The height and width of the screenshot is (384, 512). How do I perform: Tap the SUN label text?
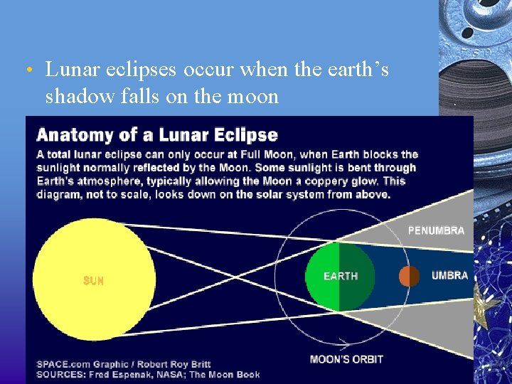93,281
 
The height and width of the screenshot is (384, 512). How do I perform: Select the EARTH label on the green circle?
341,276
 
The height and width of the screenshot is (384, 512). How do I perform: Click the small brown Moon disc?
409,276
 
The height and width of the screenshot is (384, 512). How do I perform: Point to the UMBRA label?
449,275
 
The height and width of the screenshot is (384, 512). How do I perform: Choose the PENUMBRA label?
436,230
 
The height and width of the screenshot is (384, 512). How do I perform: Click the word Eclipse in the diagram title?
249,134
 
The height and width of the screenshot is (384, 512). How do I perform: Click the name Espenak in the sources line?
132,374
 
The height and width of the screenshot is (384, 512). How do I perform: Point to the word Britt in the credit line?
198,364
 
